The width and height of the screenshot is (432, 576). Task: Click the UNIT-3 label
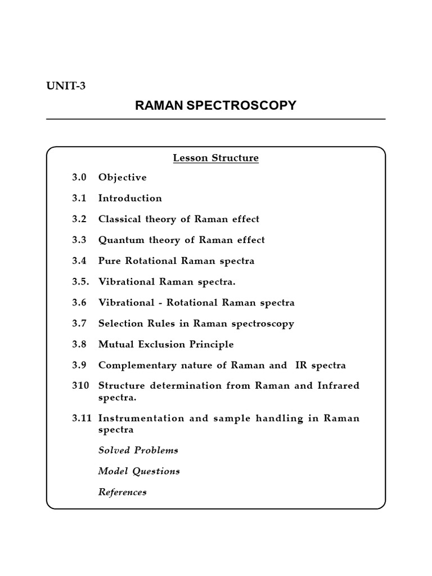(66, 85)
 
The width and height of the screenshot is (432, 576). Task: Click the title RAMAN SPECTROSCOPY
(215, 105)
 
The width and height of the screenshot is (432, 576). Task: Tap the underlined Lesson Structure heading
(215, 158)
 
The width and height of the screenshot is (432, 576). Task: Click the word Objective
(122, 178)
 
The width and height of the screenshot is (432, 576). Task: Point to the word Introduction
(130, 199)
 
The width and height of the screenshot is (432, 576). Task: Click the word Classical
(120, 219)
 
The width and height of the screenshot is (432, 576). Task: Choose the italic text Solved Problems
(138, 450)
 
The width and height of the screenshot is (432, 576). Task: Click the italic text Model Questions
(139, 471)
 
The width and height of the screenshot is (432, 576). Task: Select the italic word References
(122, 492)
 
